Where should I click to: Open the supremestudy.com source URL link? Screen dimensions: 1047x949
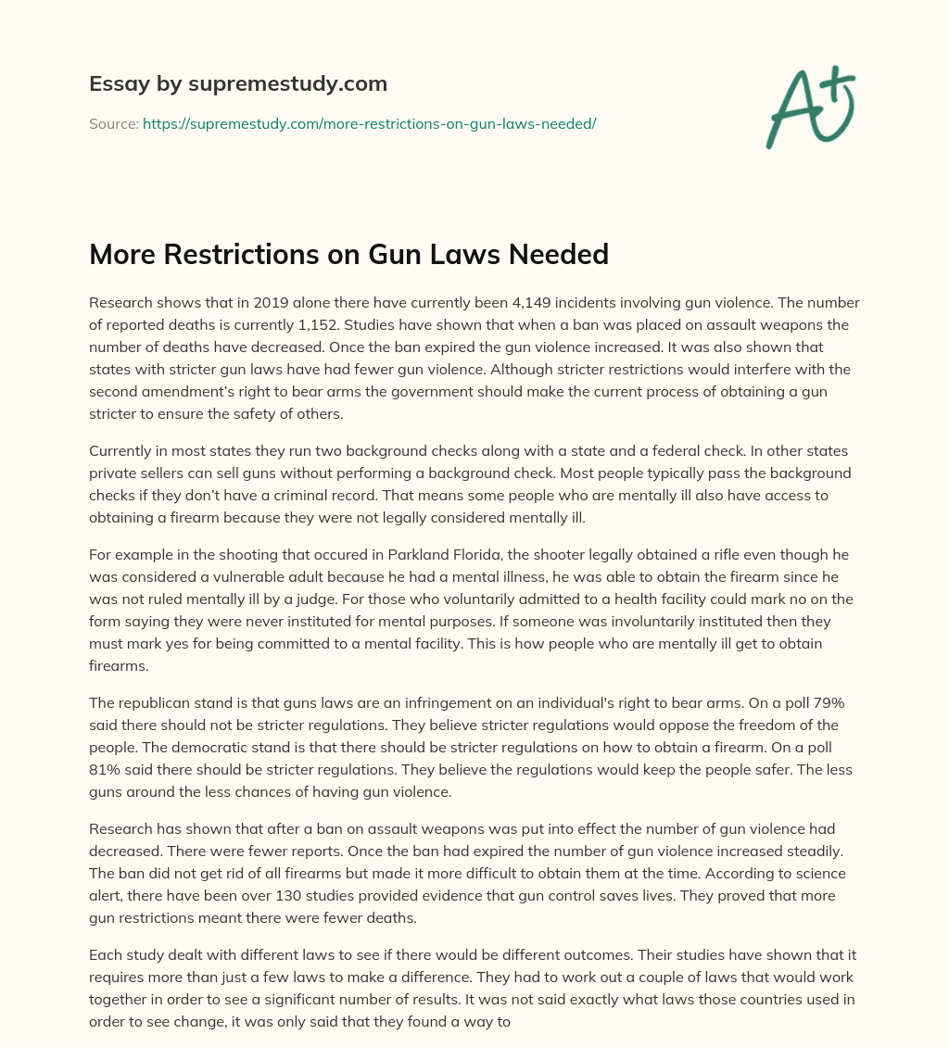click(369, 123)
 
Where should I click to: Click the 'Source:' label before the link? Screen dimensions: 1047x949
click(113, 123)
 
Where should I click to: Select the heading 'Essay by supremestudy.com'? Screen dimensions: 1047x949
click(237, 84)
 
